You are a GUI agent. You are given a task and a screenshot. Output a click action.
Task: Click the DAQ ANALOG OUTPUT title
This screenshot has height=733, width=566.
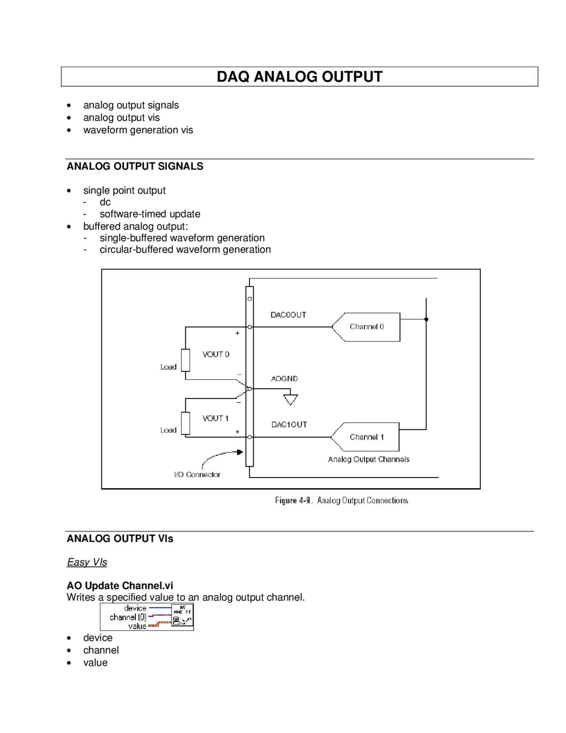click(299, 77)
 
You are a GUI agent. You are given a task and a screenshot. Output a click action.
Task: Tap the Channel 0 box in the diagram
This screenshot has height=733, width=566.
click(367, 327)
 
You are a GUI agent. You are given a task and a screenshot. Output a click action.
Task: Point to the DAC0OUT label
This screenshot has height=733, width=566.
click(288, 315)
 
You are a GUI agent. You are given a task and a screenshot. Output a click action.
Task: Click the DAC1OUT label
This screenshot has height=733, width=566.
click(289, 424)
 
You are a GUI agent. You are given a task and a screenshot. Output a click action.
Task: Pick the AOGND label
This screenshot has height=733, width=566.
click(284, 378)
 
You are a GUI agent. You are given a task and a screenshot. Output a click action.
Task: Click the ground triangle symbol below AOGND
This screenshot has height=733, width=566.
click(291, 400)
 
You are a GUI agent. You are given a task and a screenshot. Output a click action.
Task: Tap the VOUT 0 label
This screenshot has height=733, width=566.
click(216, 354)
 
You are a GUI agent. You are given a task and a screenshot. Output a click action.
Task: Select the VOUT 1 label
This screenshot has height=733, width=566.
click(215, 418)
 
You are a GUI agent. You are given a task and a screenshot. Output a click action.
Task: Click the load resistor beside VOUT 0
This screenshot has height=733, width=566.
click(186, 360)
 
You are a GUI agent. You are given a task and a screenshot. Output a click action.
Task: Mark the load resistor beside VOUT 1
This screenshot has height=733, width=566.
click(186, 423)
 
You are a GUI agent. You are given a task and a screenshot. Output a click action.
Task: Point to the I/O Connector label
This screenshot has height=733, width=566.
click(197, 475)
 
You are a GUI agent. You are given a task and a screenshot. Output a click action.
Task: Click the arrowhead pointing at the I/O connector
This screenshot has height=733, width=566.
click(240, 452)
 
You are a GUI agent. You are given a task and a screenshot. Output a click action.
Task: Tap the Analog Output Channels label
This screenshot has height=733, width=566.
click(368, 459)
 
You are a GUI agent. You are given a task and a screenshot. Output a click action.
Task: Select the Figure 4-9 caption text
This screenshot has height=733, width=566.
click(341, 501)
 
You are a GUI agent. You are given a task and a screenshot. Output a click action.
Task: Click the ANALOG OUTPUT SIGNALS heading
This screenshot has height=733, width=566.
click(135, 166)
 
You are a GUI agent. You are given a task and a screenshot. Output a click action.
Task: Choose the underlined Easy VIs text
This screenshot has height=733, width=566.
click(87, 562)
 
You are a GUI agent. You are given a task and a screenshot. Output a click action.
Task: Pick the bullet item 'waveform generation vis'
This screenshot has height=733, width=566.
click(138, 130)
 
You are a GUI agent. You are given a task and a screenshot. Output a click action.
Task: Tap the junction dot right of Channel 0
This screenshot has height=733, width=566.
click(426, 319)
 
